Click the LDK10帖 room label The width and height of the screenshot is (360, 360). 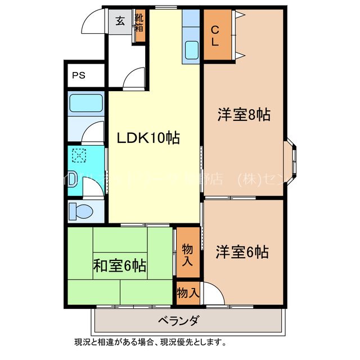148,138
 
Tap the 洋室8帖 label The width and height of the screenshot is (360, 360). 244,115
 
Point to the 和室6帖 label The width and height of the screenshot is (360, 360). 119,264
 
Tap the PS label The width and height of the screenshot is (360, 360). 78,75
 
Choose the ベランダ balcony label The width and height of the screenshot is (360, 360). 178,321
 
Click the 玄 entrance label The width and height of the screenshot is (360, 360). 120,21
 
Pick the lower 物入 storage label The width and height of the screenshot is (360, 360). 188,292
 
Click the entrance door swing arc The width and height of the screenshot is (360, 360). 93,24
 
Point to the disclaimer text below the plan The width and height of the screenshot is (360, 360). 151,341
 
